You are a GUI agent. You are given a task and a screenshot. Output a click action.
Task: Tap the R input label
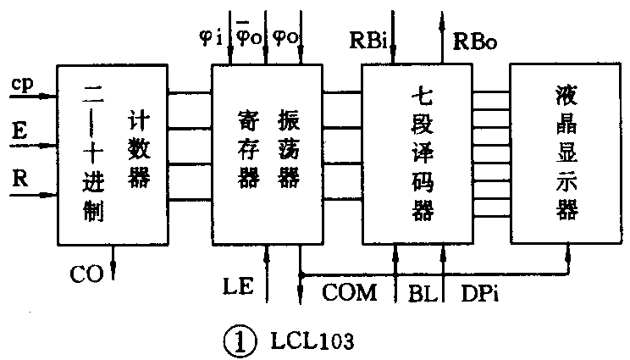pos(19,179)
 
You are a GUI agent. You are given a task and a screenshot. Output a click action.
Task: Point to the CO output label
pos(86,273)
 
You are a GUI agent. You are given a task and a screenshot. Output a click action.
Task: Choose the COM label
pos(349,293)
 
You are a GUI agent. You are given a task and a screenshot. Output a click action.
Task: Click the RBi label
pos(369,39)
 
